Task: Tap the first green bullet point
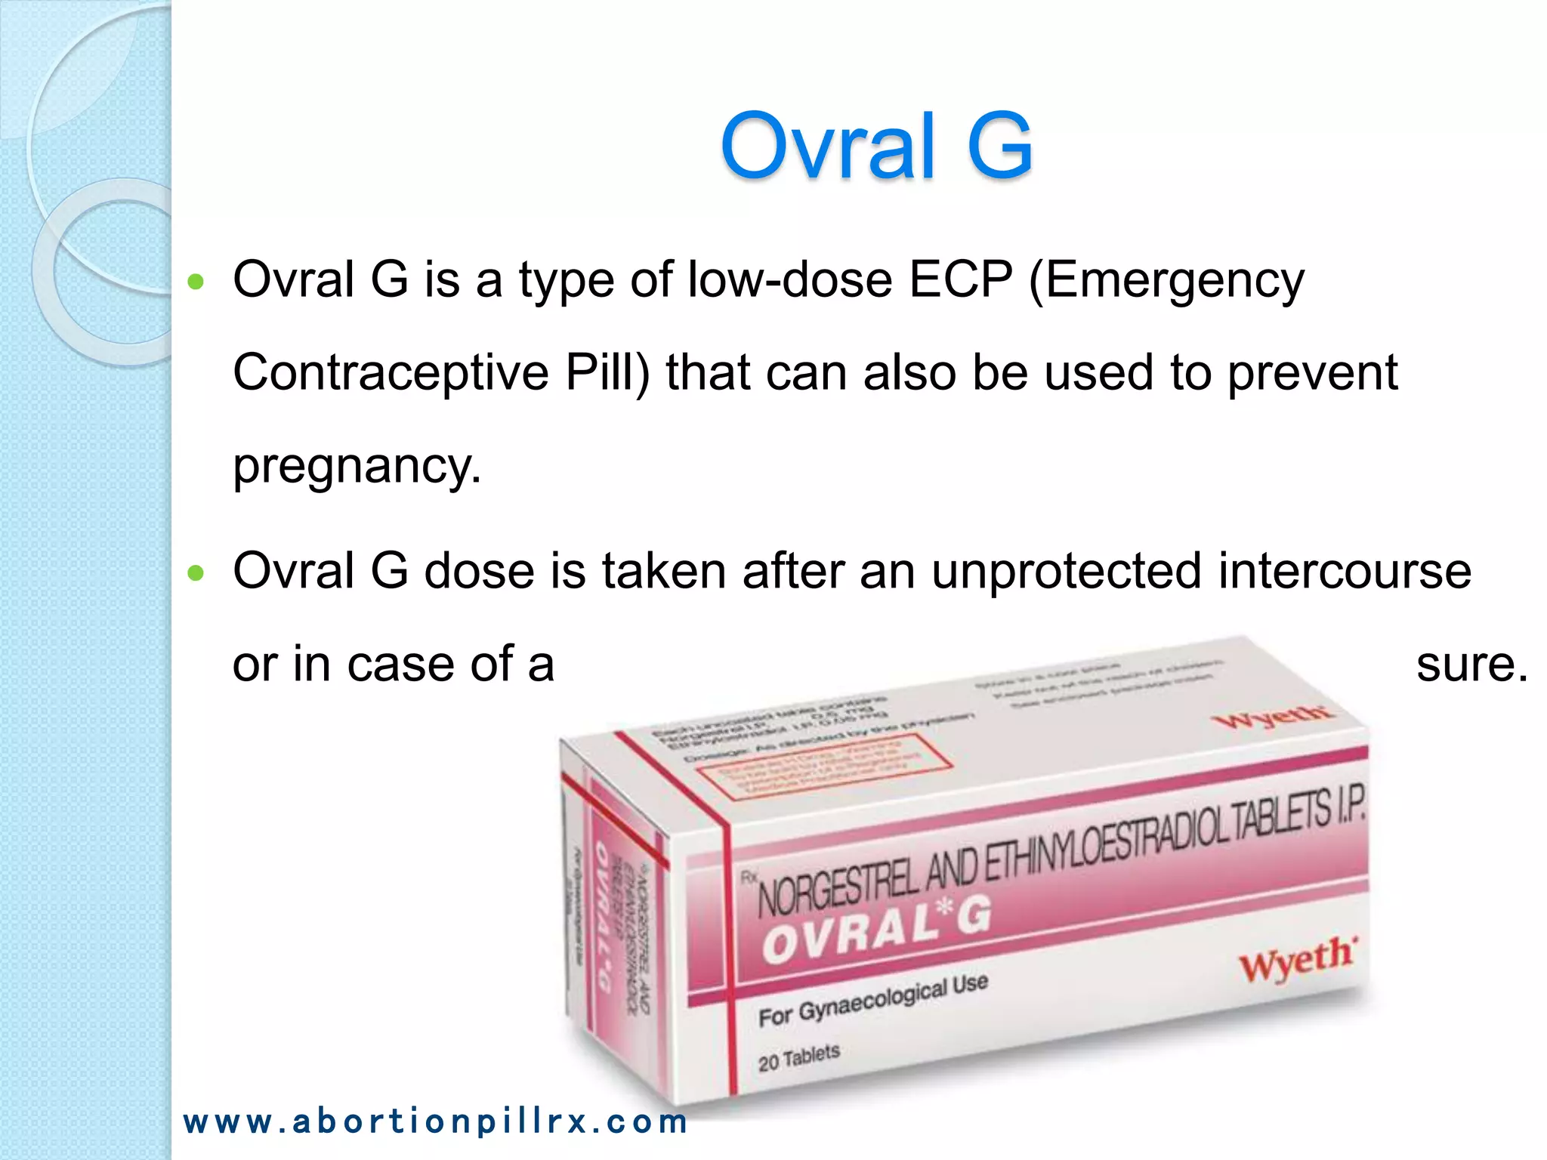(196, 282)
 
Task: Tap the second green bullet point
(196, 573)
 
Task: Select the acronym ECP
(960, 279)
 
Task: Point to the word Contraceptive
(391, 372)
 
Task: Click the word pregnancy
(357, 466)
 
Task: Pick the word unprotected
(1066, 571)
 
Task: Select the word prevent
(1312, 372)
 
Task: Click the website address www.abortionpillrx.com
(435, 1121)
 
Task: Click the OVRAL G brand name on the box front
(876, 930)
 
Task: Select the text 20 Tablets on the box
(798, 1057)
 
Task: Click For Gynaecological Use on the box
(872, 1001)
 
